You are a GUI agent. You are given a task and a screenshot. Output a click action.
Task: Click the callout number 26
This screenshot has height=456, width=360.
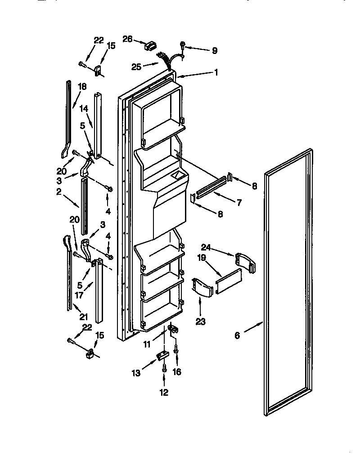click(x=127, y=39)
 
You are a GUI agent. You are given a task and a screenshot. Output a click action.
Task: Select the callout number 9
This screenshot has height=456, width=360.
click(x=214, y=50)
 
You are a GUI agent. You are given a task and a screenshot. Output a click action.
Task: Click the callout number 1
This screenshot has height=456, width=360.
click(x=216, y=72)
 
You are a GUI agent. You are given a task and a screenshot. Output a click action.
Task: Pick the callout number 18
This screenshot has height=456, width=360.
click(x=81, y=86)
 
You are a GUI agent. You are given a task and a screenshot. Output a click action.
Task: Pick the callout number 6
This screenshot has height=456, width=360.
click(x=237, y=335)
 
